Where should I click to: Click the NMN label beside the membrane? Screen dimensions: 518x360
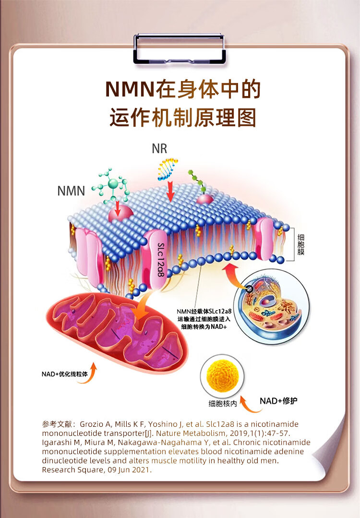click(x=71, y=191)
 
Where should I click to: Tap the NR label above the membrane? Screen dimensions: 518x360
click(x=159, y=148)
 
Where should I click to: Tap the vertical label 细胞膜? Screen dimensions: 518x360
click(x=300, y=245)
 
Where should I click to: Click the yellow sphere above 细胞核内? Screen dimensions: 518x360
click(x=222, y=376)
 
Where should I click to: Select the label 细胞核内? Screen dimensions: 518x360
click(x=223, y=404)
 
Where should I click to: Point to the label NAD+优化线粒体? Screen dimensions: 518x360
click(x=64, y=373)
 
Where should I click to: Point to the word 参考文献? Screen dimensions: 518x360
click(x=56, y=424)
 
